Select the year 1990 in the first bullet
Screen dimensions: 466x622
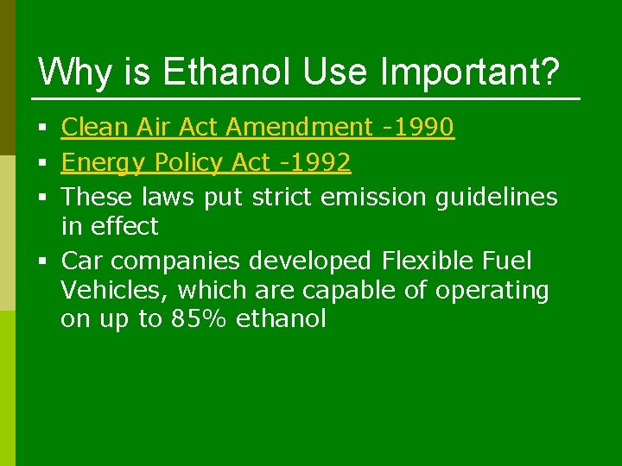[x=423, y=128]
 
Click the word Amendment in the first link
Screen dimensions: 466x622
[x=298, y=128]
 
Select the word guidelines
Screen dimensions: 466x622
[x=496, y=197]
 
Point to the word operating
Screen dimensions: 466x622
[x=492, y=291]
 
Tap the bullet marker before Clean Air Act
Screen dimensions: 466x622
[x=42, y=129]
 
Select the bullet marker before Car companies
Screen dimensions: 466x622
[x=42, y=261]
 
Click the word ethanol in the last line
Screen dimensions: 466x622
[x=281, y=319]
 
